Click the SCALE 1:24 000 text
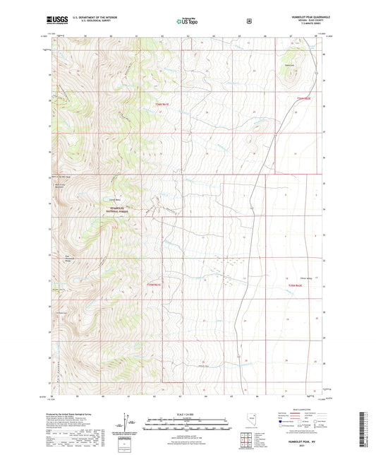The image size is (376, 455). (x=187, y=414)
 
